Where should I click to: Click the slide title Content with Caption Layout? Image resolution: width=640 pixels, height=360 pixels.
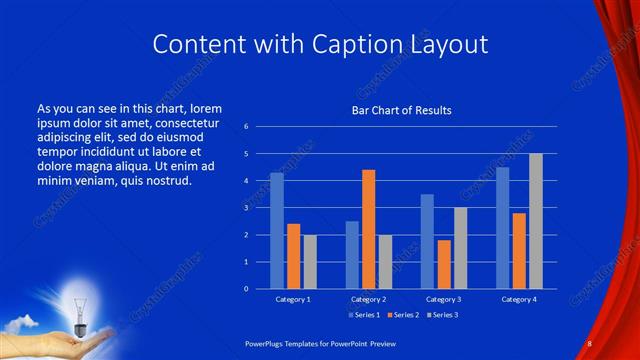(320, 45)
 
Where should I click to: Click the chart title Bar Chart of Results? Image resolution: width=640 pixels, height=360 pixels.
(400, 110)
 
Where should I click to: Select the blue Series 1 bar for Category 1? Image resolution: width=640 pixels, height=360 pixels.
(277, 231)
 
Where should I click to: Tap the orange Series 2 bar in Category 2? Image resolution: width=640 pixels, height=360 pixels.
(368, 229)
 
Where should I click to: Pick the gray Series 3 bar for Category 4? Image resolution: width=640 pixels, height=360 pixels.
(536, 221)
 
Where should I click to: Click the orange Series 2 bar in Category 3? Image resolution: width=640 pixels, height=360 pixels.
(444, 264)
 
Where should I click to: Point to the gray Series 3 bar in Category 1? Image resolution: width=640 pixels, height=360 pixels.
(310, 262)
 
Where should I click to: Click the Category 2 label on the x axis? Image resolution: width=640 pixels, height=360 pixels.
(368, 299)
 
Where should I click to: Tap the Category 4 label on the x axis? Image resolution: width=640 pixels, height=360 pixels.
(519, 299)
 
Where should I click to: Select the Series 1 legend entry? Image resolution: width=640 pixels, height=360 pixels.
(366, 315)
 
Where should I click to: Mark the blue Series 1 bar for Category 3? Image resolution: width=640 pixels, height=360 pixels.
(427, 241)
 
